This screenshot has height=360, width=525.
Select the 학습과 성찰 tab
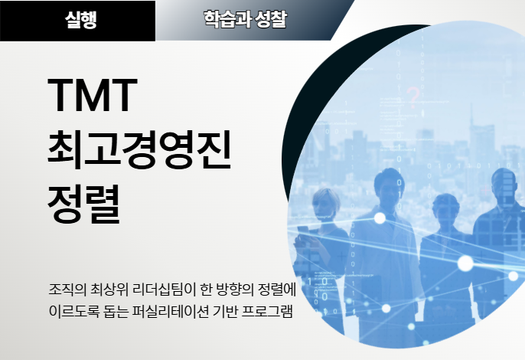coord(246,19)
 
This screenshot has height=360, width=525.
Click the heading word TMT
coord(93,95)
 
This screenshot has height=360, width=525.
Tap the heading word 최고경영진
coord(139,149)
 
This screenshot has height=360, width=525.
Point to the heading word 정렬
coord(83,204)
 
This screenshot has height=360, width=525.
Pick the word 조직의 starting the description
coord(67,290)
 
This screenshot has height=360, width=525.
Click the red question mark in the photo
coord(413,98)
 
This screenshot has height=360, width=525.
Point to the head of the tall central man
coord(389,186)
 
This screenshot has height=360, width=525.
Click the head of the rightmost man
coord(504,185)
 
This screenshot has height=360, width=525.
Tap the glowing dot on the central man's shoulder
coord(380,218)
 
